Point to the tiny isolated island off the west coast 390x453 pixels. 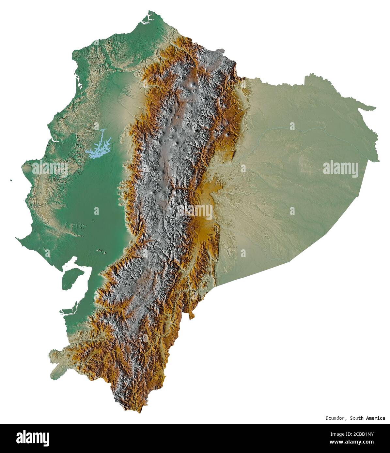[x=11, y=180]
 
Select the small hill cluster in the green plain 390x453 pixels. [x=101, y=251]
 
